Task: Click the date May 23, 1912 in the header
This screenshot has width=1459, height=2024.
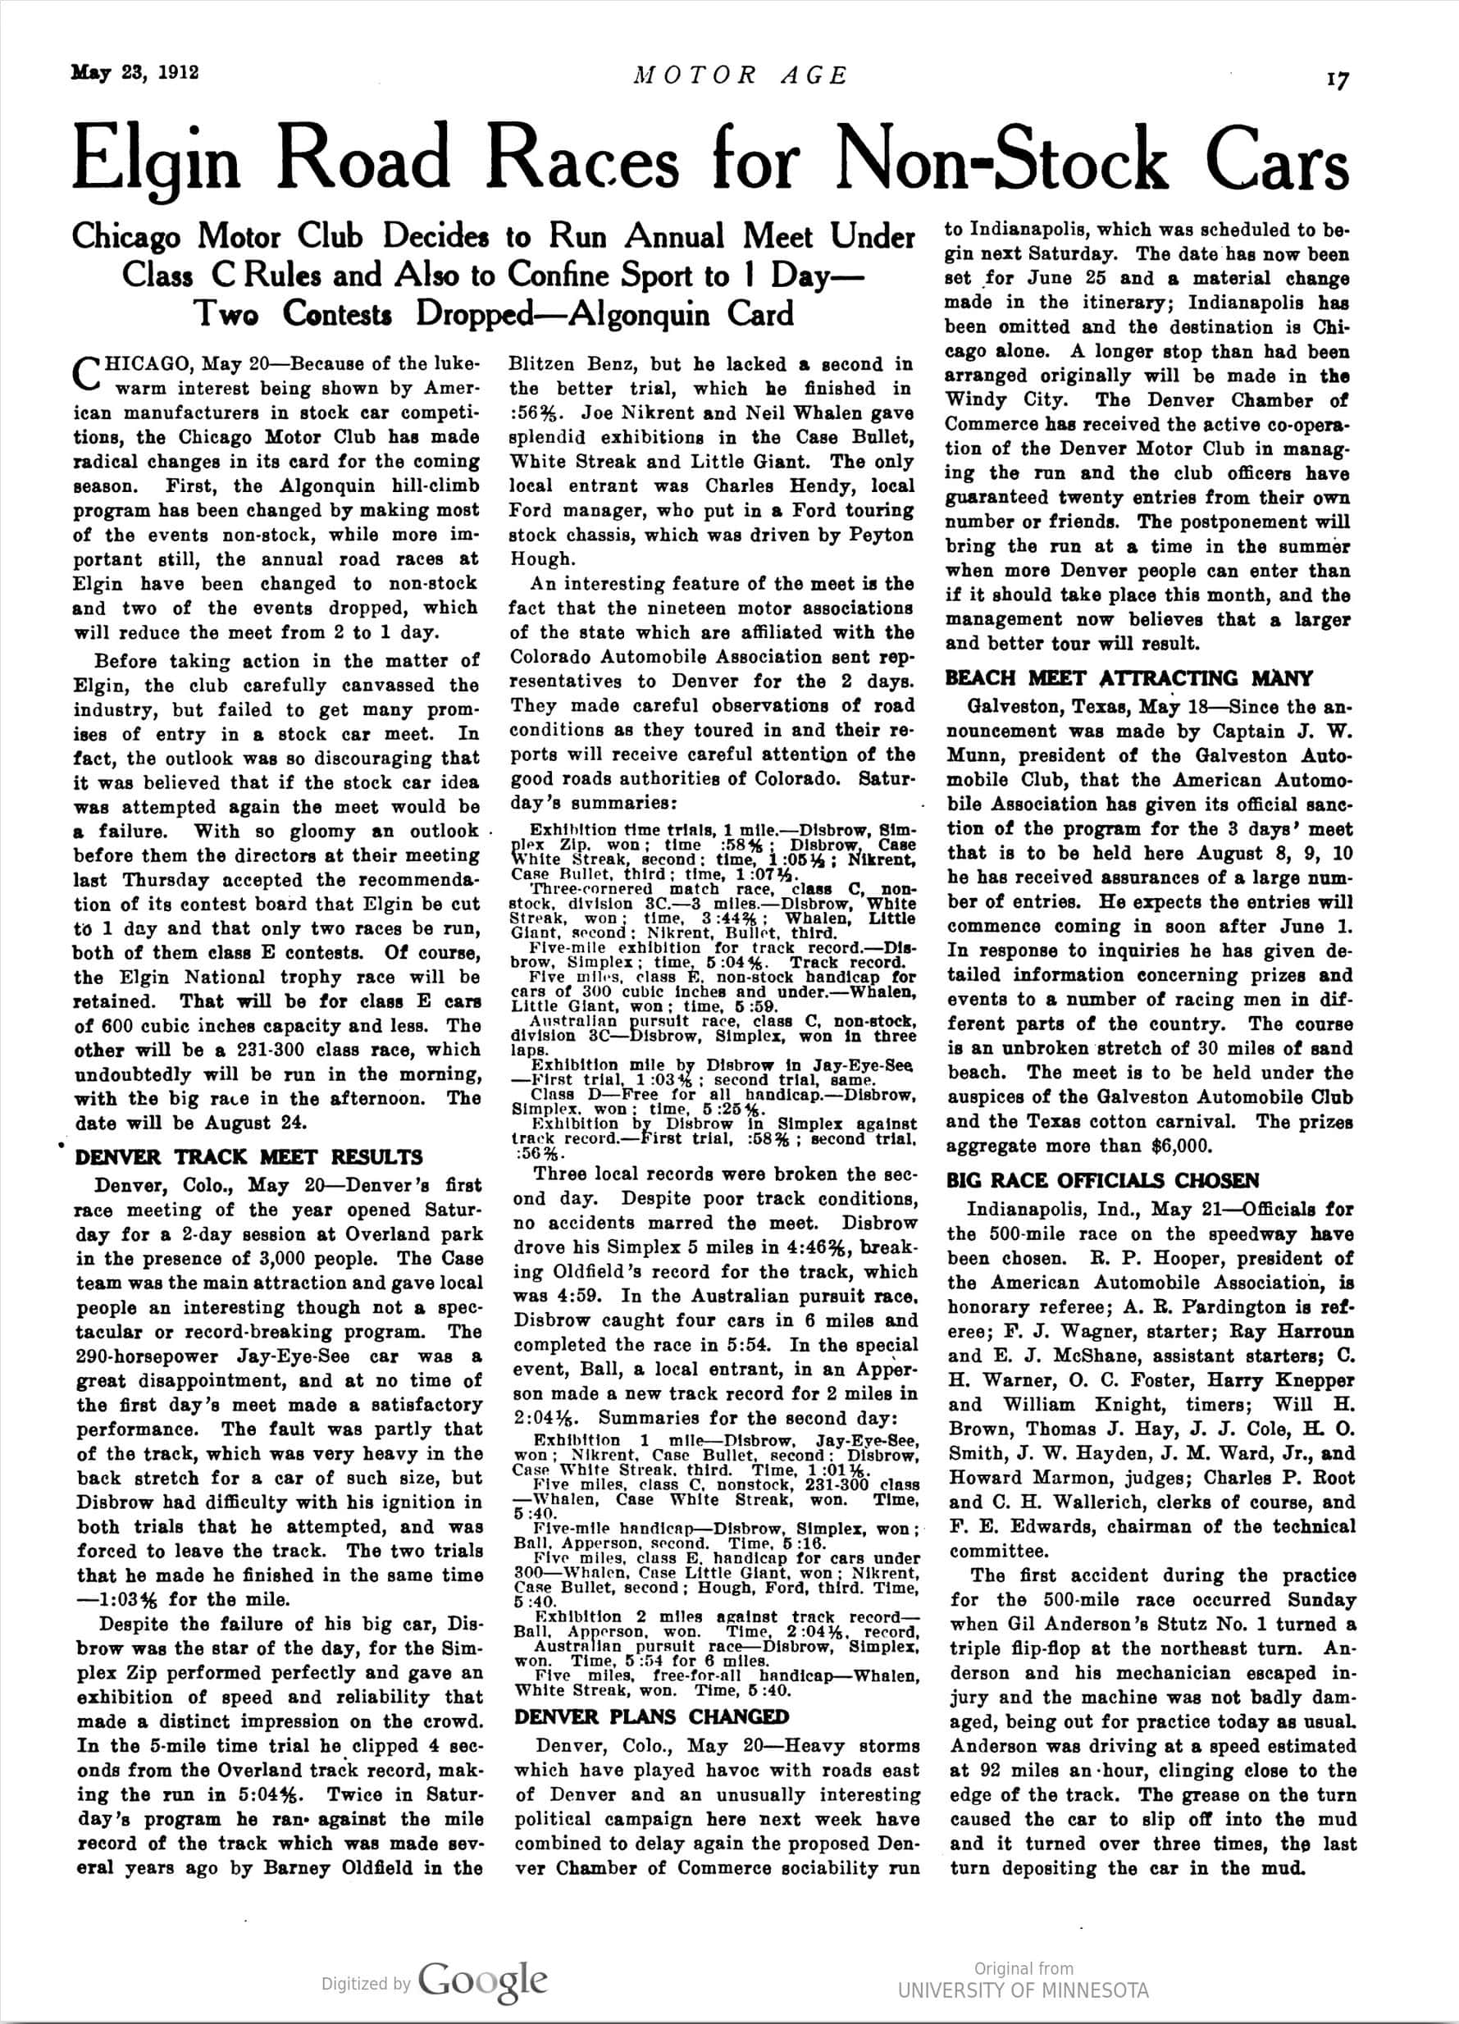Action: coord(134,73)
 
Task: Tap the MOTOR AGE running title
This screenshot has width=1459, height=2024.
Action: coord(740,75)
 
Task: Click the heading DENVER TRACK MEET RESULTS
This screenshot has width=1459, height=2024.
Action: coord(249,1157)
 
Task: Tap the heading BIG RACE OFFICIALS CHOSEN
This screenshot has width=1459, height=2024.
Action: coord(1102,1181)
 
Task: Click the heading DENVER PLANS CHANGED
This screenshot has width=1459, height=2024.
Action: coord(651,1717)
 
